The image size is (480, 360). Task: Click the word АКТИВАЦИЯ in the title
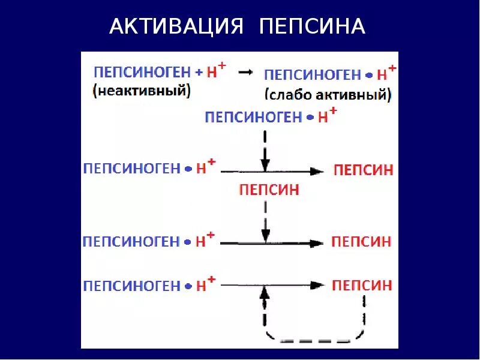click(x=177, y=26)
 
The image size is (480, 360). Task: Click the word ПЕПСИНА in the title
click(x=313, y=26)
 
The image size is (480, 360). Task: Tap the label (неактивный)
click(x=141, y=91)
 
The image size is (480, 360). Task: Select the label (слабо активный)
click(x=328, y=94)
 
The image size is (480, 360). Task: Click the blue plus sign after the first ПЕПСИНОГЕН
click(x=199, y=72)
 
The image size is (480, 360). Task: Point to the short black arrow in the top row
click(x=245, y=72)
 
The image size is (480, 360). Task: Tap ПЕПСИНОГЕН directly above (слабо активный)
click(x=312, y=75)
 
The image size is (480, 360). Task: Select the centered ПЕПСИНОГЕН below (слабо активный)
click(x=253, y=117)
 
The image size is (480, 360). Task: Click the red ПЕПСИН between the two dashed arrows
click(x=269, y=190)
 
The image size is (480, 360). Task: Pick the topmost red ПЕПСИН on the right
click(x=363, y=170)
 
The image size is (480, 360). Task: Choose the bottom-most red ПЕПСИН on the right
click(x=362, y=285)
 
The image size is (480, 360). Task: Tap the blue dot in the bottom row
click(x=188, y=286)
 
